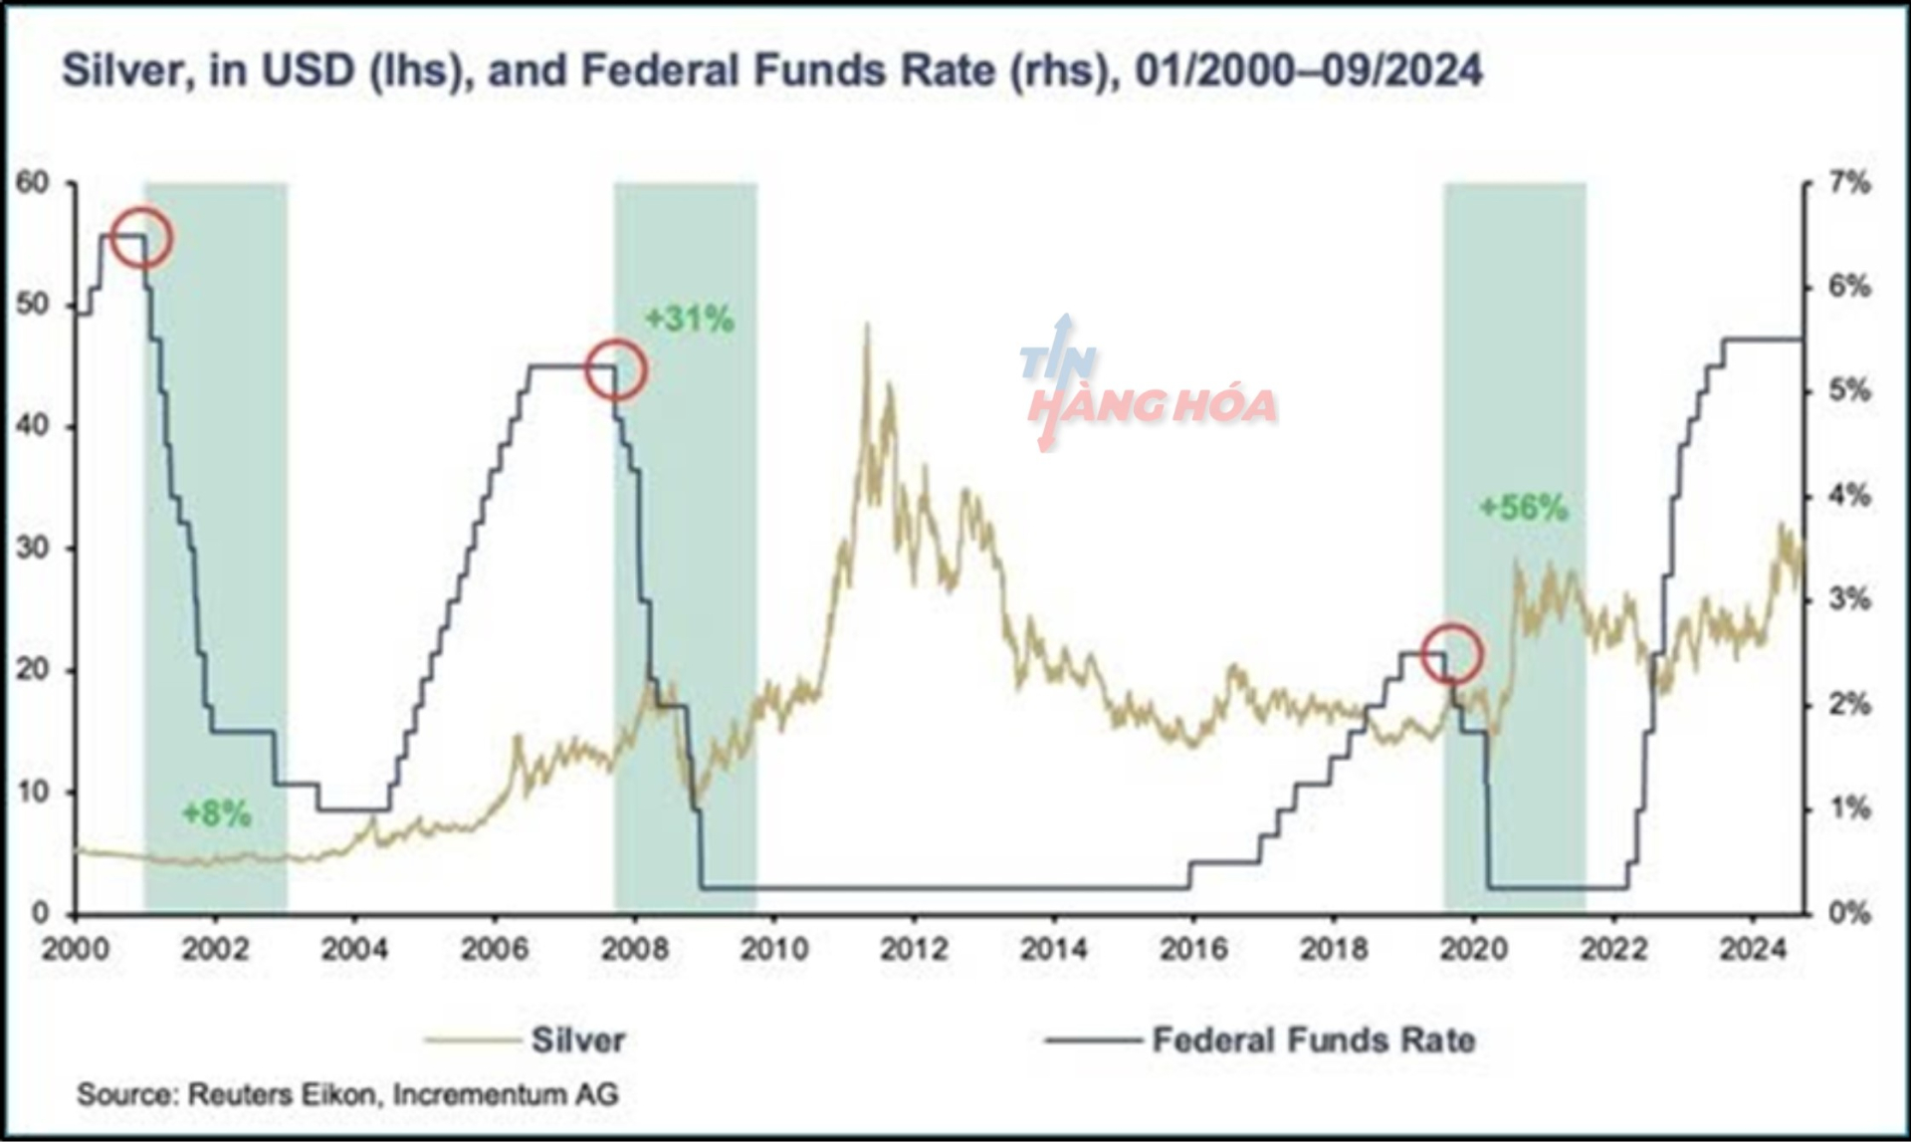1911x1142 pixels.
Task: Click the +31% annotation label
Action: [x=689, y=320]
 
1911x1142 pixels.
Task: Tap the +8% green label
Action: [x=216, y=814]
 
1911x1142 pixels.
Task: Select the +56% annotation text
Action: [x=1523, y=509]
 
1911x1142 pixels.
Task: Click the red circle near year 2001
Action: [x=142, y=238]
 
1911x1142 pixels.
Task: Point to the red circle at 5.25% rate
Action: [x=616, y=369]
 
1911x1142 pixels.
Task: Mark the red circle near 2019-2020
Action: [x=1452, y=654]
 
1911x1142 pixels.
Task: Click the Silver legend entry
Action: [x=577, y=1040]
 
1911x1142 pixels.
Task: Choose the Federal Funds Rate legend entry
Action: [x=1313, y=1040]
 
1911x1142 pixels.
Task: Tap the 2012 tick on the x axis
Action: [x=914, y=949]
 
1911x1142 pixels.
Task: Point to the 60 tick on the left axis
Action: [x=32, y=183]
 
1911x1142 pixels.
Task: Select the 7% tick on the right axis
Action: [x=1849, y=183]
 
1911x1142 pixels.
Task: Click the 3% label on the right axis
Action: [x=1849, y=599]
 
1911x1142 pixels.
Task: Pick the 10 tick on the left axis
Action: [x=32, y=793]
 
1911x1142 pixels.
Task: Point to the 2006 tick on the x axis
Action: [x=494, y=949]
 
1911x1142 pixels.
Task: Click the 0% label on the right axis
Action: [x=1849, y=913]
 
